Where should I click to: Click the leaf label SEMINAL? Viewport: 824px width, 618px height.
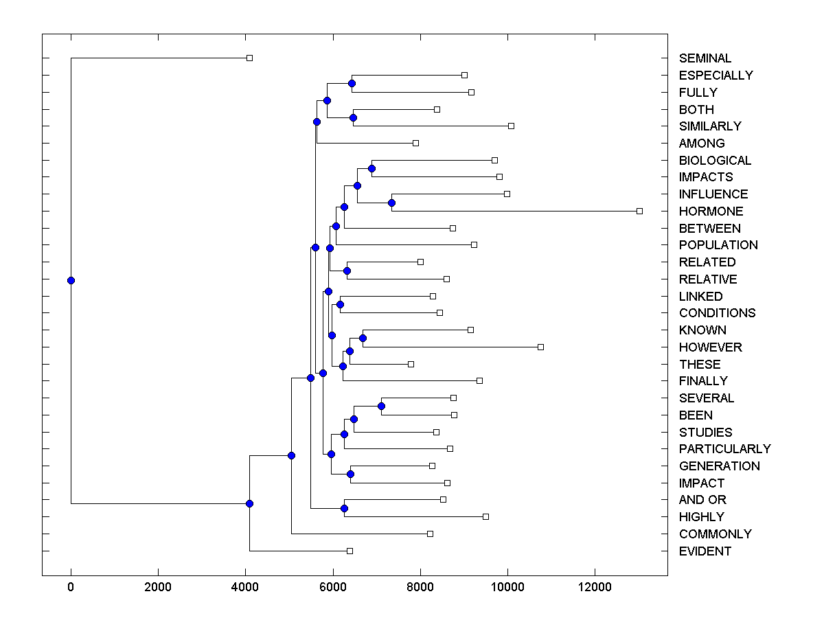[x=705, y=58]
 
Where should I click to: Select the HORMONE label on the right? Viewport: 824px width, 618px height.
[x=711, y=211]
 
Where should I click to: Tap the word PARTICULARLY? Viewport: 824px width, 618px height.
[x=724, y=449]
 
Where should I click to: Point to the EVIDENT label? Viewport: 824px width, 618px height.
[x=705, y=551]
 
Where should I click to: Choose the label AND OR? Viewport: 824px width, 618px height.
[x=702, y=500]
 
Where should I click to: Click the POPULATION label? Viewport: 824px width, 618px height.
[x=718, y=245]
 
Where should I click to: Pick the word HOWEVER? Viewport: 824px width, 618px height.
[x=710, y=347]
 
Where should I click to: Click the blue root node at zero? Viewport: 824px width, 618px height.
[x=71, y=280]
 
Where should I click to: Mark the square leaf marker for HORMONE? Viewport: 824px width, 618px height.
[x=639, y=211]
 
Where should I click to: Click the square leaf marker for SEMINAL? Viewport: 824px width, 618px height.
[x=250, y=58]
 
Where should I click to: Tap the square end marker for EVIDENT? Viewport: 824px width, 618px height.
[x=350, y=551]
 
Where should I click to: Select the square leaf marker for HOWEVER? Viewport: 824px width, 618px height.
[x=540, y=347]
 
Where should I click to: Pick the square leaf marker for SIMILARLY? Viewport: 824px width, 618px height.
[x=511, y=126]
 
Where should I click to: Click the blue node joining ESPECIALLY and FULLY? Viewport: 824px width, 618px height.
[x=352, y=83]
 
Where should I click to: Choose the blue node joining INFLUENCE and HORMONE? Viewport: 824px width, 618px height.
[x=391, y=203]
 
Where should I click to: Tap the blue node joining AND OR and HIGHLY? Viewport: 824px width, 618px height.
[x=344, y=508]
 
